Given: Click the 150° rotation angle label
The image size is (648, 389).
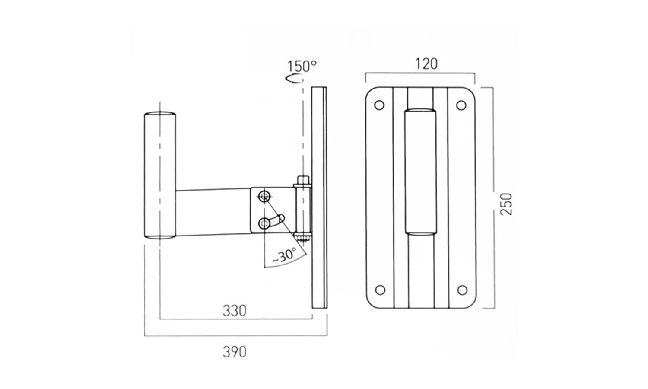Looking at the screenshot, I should click(302, 66).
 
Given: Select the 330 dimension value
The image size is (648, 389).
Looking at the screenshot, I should click(235, 310).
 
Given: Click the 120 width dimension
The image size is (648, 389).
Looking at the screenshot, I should click(426, 64).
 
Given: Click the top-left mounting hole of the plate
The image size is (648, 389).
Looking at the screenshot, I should click(379, 105).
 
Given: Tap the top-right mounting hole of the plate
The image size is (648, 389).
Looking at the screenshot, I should click(461, 105).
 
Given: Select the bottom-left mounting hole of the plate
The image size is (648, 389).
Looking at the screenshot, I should click(380, 290).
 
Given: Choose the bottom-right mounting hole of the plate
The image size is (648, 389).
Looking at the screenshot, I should click(462, 290).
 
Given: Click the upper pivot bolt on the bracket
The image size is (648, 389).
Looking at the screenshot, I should click(264, 197).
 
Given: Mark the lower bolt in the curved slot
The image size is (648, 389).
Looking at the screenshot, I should click(264, 223).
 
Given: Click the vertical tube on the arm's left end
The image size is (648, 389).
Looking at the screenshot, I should click(160, 175).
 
